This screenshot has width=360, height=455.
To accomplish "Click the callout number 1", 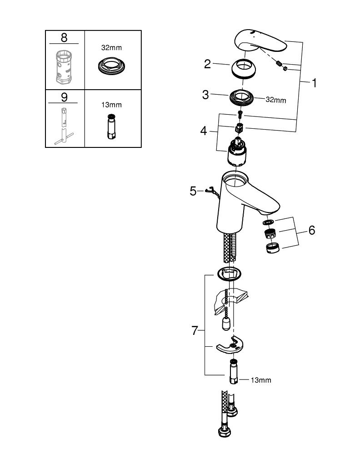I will point(314,83).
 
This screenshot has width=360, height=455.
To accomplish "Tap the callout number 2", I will point(208,64).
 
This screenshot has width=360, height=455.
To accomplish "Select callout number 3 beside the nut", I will point(206,95).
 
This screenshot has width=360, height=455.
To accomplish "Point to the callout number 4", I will point(203,131).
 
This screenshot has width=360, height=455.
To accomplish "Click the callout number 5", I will point(193,191).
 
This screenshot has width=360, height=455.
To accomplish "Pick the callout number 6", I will point(311,230).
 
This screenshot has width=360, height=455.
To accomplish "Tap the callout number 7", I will point(195,331).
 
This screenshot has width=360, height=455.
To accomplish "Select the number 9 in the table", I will point(64,97).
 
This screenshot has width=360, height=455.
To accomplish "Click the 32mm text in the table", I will point(111,47).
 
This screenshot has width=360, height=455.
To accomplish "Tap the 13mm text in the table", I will point(111,105).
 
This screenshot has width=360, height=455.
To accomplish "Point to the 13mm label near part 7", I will point(260,380).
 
